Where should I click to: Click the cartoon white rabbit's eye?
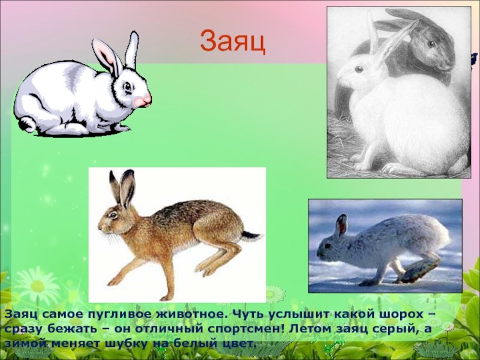point(128,86)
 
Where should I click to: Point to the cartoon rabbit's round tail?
point(27,124)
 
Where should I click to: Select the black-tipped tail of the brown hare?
point(251,236)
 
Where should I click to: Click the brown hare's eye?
point(113,215)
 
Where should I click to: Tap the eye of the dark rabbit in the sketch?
point(431,43)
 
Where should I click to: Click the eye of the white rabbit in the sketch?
point(359,69)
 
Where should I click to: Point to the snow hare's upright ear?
point(341,226)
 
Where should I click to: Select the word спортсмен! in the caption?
point(248,329)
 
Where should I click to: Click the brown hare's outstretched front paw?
point(113,280)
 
